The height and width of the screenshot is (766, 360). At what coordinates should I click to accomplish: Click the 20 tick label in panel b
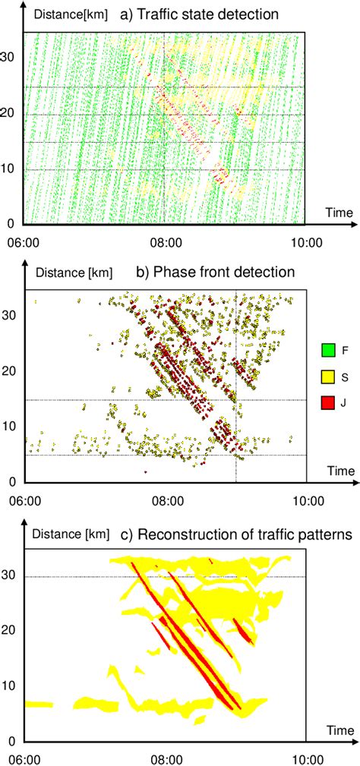coord(13,373)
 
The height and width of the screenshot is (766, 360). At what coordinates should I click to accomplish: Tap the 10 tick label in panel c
coord(11,686)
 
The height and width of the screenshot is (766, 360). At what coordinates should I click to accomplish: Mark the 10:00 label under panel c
coord(305,759)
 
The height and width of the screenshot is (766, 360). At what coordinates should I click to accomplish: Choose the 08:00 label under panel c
coord(166,759)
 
